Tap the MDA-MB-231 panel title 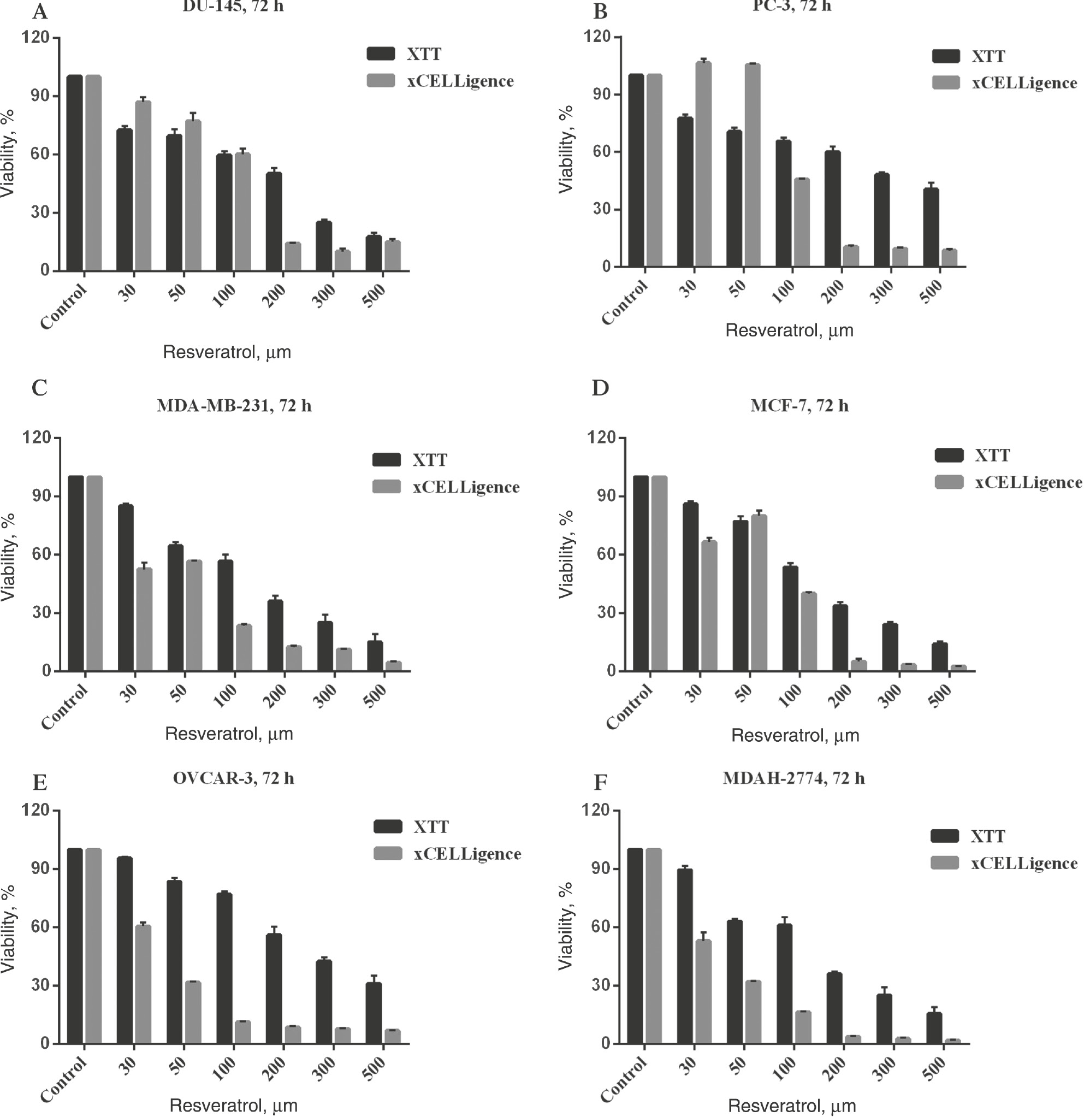click(x=234, y=406)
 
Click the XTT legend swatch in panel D click(x=949, y=455)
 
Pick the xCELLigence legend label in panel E click(x=467, y=854)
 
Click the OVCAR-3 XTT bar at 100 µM click(x=224, y=968)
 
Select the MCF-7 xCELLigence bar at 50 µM click(x=759, y=593)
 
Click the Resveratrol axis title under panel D click(x=795, y=736)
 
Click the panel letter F click(x=600, y=783)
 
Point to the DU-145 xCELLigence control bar click(x=93, y=173)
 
